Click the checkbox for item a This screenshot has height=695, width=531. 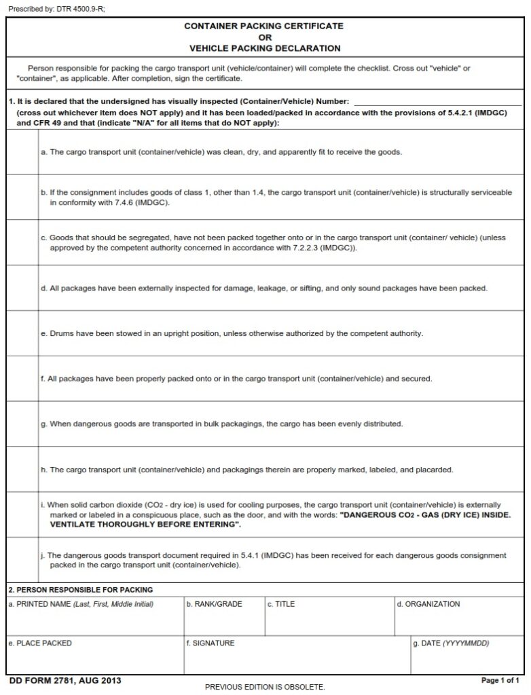[23, 151]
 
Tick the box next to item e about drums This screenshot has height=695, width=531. [23, 333]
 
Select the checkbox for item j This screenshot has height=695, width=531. [23, 560]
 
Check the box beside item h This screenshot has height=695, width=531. [23, 470]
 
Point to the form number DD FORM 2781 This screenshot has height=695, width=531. [56, 681]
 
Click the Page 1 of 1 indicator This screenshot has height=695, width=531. [500, 680]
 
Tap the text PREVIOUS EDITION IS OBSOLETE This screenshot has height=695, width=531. [265, 687]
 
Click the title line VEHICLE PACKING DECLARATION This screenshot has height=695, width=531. [264, 48]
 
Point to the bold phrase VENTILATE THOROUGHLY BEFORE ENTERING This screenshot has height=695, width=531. [145, 525]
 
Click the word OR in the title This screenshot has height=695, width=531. [264, 37]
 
